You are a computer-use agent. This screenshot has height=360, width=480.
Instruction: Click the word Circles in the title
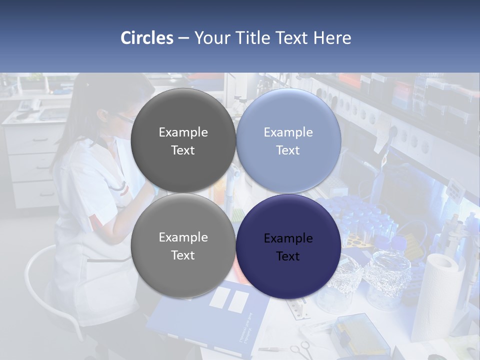point(147,38)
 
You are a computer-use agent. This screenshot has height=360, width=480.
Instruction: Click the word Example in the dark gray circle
point(183,132)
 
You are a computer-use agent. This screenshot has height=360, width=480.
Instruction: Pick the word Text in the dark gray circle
point(183,150)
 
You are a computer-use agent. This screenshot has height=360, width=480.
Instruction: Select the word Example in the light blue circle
point(288,132)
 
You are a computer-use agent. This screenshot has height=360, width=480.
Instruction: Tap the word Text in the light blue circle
point(288,150)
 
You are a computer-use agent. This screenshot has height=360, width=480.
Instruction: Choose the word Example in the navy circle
point(288,238)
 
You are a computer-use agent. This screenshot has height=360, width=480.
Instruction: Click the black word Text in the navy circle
point(288,256)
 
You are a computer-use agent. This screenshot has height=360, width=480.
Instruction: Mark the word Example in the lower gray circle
point(183,237)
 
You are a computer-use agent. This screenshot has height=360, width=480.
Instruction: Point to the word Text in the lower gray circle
point(183,255)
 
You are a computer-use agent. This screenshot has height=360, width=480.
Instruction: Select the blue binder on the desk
point(210,320)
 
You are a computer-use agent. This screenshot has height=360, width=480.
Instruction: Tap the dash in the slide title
point(183,38)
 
